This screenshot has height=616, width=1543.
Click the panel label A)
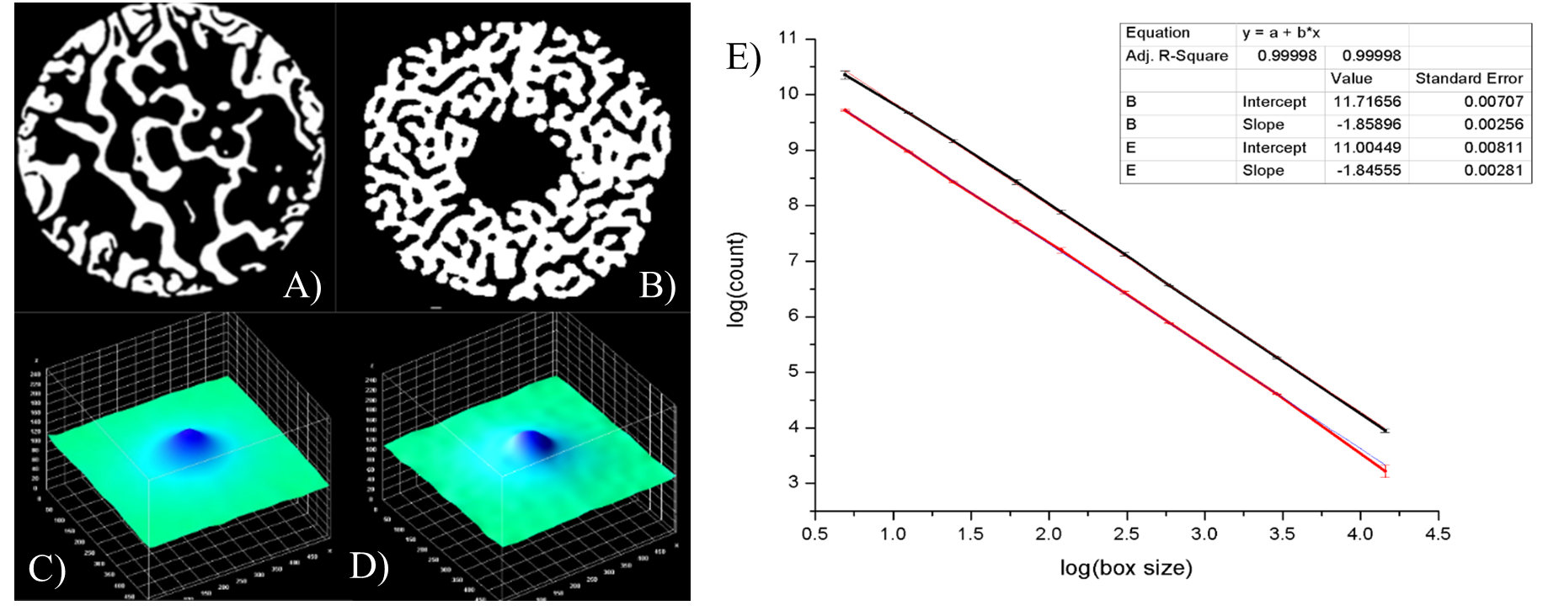[302, 286]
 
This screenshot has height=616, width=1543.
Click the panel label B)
[657, 286]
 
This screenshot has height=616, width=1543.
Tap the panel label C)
[47, 569]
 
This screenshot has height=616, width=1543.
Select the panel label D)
[369, 567]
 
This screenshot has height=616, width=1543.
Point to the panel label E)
[743, 57]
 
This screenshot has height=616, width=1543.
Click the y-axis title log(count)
[736, 279]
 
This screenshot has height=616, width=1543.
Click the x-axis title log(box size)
[1126, 568]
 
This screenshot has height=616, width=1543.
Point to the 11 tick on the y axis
[788, 39]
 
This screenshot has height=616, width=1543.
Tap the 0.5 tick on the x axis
[814, 534]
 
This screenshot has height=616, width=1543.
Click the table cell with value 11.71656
[1365, 102]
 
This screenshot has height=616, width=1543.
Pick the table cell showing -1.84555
[1365, 170]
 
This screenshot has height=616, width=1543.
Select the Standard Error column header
[1469, 78]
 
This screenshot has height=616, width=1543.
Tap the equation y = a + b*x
[1280, 33]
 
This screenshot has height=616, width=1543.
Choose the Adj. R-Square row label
[1177, 56]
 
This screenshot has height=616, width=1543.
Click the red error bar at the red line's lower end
[1385, 471]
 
